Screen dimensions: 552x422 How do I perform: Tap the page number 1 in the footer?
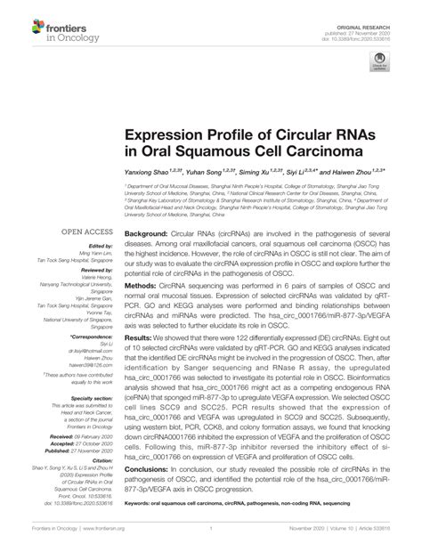click(211, 539)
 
